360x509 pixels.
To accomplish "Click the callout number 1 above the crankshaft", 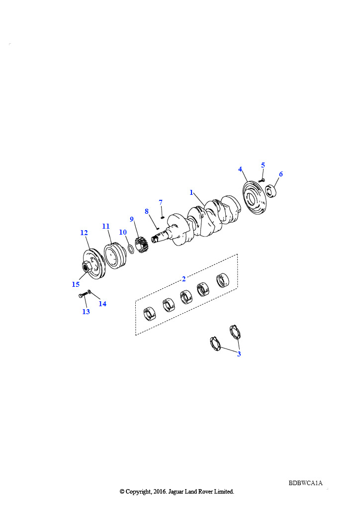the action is (191, 192).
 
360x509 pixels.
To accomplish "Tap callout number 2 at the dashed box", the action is (184, 279).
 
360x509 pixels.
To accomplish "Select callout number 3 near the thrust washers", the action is (239, 354).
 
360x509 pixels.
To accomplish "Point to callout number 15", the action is (76, 284).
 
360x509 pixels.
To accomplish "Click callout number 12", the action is (84, 233).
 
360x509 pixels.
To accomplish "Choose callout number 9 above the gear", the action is (132, 219).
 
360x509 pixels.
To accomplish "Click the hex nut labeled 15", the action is (87, 267).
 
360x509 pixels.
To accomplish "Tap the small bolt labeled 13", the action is (84, 295).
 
